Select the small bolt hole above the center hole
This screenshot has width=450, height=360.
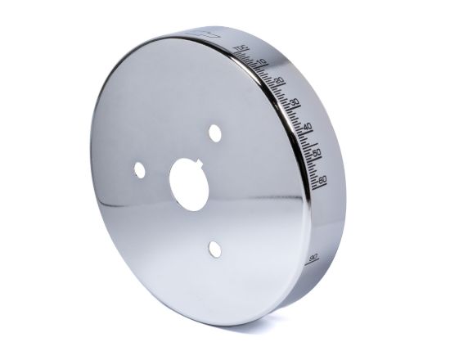coord(215,131)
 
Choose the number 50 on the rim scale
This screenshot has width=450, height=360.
coord(316,152)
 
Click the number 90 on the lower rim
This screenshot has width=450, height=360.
coord(313,257)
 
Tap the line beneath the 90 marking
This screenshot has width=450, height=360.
coord(313,263)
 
